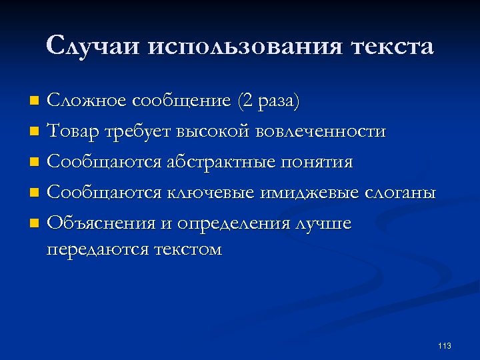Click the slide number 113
(445, 345)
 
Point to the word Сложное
(87, 101)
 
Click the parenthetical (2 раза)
(267, 101)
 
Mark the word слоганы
(401, 193)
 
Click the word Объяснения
(100, 223)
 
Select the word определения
(233, 223)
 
